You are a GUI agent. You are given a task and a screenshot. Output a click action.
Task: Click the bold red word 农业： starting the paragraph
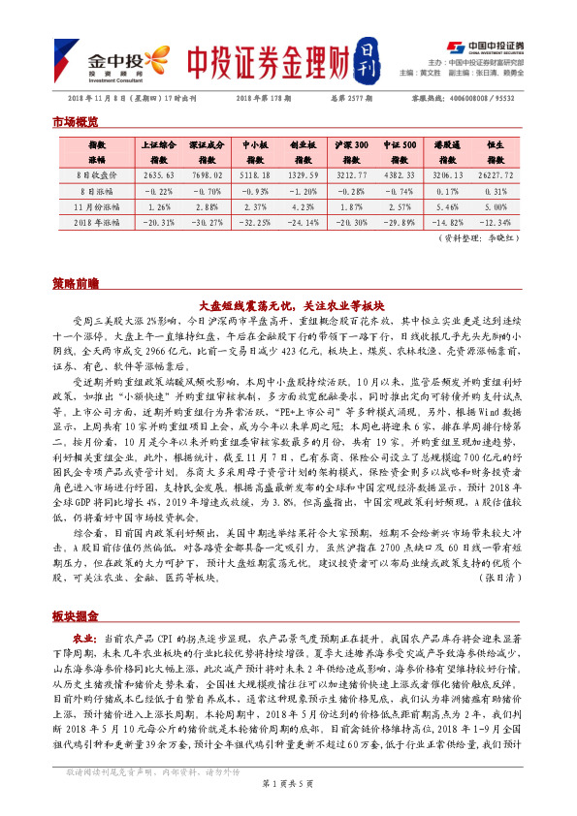pos(84,641)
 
